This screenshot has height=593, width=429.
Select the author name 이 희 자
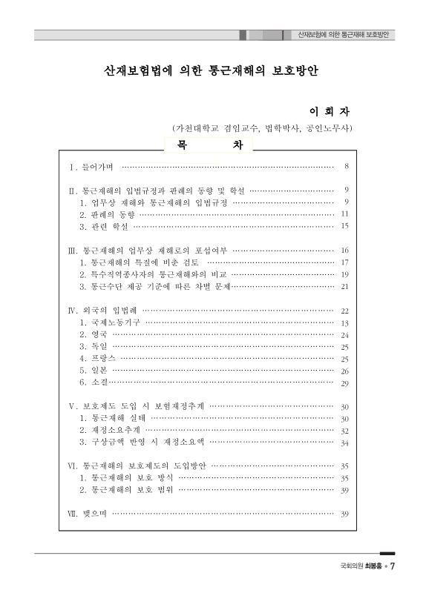pyautogui.click(x=328, y=112)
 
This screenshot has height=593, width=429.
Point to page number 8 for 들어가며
pyautogui.click(x=347, y=166)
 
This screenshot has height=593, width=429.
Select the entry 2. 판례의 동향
pyautogui.click(x=108, y=213)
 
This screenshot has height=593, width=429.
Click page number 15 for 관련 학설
pyautogui.click(x=345, y=225)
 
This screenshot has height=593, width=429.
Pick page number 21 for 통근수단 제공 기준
pyautogui.click(x=345, y=285)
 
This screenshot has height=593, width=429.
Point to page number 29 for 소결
pyautogui.click(x=345, y=383)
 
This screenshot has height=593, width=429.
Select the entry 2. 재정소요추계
pyautogui.click(x=111, y=431)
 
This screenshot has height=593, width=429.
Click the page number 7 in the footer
pyautogui.click(x=392, y=567)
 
